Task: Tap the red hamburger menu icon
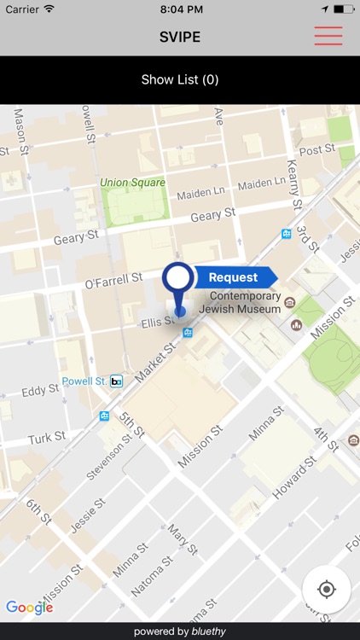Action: [x=328, y=36]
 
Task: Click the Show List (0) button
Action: [x=180, y=80]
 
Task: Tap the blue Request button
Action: [x=234, y=277]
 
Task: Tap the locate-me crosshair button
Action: [x=326, y=590]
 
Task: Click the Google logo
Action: [x=30, y=608]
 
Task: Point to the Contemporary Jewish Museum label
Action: [x=240, y=302]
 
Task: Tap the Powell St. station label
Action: [x=84, y=381]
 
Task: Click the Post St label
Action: [x=317, y=150]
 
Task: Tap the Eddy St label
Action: [x=40, y=391]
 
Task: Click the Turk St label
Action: [x=46, y=438]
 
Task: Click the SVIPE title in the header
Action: [x=180, y=37]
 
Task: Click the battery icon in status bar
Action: [x=344, y=9]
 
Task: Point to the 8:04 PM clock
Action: [x=180, y=9]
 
